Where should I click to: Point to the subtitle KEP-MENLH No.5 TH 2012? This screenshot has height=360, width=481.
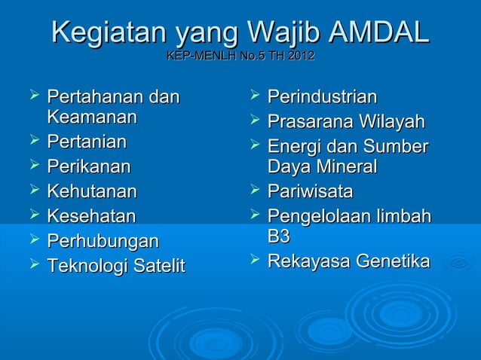tap(240, 56)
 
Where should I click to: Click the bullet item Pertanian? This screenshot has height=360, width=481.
tap(86, 142)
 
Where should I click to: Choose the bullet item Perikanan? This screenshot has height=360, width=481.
tap(88, 166)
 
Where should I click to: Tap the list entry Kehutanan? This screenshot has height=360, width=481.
tap(91, 191)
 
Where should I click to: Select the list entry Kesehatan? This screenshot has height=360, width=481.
tap(91, 216)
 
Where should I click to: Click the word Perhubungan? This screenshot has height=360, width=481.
tap(103, 241)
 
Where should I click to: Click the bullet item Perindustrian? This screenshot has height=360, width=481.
tap(322, 97)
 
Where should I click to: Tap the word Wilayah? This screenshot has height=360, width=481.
tap(391, 121)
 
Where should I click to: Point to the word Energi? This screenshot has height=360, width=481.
tap(293, 146)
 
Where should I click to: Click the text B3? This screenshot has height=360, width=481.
tap(278, 236)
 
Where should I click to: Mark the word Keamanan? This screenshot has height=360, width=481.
tap(91, 117)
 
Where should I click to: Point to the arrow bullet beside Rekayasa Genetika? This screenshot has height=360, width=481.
tap(255, 260)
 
